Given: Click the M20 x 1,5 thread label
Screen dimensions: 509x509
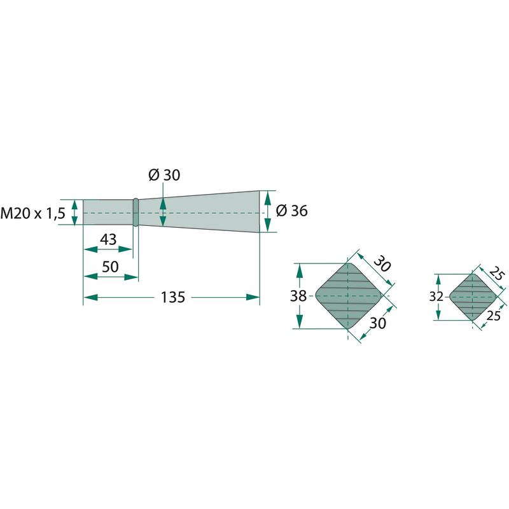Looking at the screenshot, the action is tap(33, 213).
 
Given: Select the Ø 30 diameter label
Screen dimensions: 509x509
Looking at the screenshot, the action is tap(164, 175).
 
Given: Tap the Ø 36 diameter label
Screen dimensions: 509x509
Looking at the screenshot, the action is tap(291, 211).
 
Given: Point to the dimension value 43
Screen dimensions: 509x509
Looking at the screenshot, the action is tap(108, 240).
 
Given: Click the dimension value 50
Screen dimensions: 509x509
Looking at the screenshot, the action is tap(110, 267).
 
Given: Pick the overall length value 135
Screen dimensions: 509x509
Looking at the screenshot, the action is tap(173, 297).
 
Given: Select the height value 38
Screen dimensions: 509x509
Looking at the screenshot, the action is tap(298, 296).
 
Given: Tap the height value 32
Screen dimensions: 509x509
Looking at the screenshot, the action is tap(436, 296).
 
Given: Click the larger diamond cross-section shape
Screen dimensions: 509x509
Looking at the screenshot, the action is tap(348, 296).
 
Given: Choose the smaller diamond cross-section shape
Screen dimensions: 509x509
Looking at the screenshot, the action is tap(473, 296).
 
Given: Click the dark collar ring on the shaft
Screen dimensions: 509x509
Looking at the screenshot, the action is tap(136, 213).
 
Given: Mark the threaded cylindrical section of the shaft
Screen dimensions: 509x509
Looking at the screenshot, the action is tap(108, 212).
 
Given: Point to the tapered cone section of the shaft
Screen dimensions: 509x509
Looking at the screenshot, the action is tap(199, 212).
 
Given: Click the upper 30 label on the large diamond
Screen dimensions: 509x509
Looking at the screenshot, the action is tap(382, 263).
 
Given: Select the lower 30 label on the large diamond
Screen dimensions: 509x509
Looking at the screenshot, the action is tap(378, 323).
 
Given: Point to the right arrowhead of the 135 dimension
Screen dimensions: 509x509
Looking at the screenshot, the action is tap(253, 297).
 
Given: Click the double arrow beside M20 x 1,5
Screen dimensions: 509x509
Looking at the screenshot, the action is tap(74, 213).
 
